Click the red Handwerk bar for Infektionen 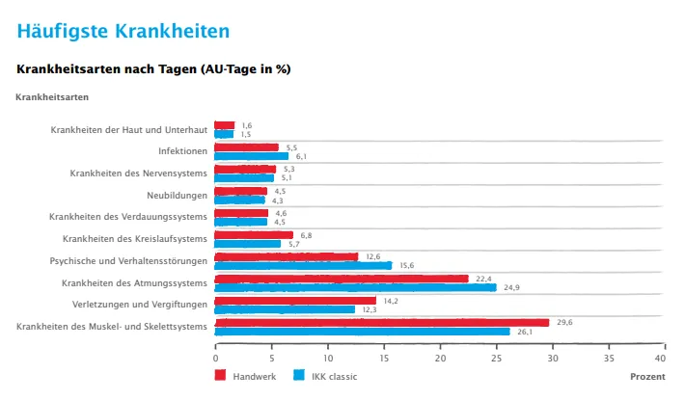tap(247, 147)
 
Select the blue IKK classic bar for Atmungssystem tap(355, 287)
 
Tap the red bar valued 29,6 tap(382, 322)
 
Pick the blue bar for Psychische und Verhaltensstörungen tap(303, 265)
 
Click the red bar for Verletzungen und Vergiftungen tap(295, 300)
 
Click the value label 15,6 tap(406, 265)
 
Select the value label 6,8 tap(306, 234)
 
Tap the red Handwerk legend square tap(220, 375)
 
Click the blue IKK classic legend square tap(300, 375)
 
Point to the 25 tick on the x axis tap(497, 356)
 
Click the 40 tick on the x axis tap(666, 356)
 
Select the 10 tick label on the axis tap(328, 356)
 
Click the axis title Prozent tap(647, 376)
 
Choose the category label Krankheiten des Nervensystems tap(139, 173)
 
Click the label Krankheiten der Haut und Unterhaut tap(129, 129)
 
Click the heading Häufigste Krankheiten tap(123, 30)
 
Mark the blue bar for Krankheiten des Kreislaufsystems tap(248, 244)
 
